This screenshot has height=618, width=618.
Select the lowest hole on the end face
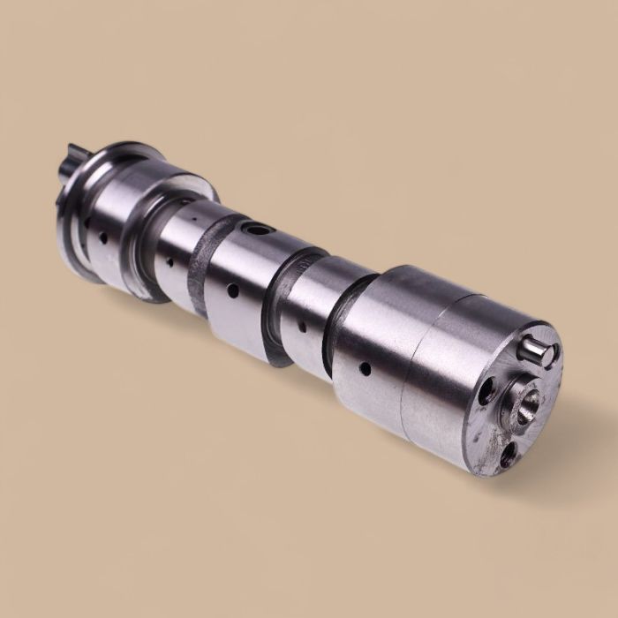tap(509, 455)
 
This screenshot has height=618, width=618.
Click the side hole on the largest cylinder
tap(363, 367)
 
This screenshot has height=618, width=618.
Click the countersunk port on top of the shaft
tap(257, 230)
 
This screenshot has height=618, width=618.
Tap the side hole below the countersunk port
tap(232, 290)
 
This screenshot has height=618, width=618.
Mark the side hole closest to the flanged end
tap(103, 237)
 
